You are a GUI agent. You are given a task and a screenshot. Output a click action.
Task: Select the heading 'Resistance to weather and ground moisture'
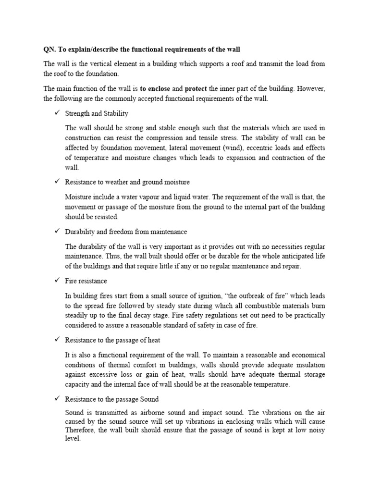[127, 182]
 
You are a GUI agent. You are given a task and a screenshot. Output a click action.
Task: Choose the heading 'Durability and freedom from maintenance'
[126, 232]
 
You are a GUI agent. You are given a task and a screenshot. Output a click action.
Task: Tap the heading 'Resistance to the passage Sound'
[111, 399]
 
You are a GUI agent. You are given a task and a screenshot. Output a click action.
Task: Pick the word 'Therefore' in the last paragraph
[80, 430]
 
